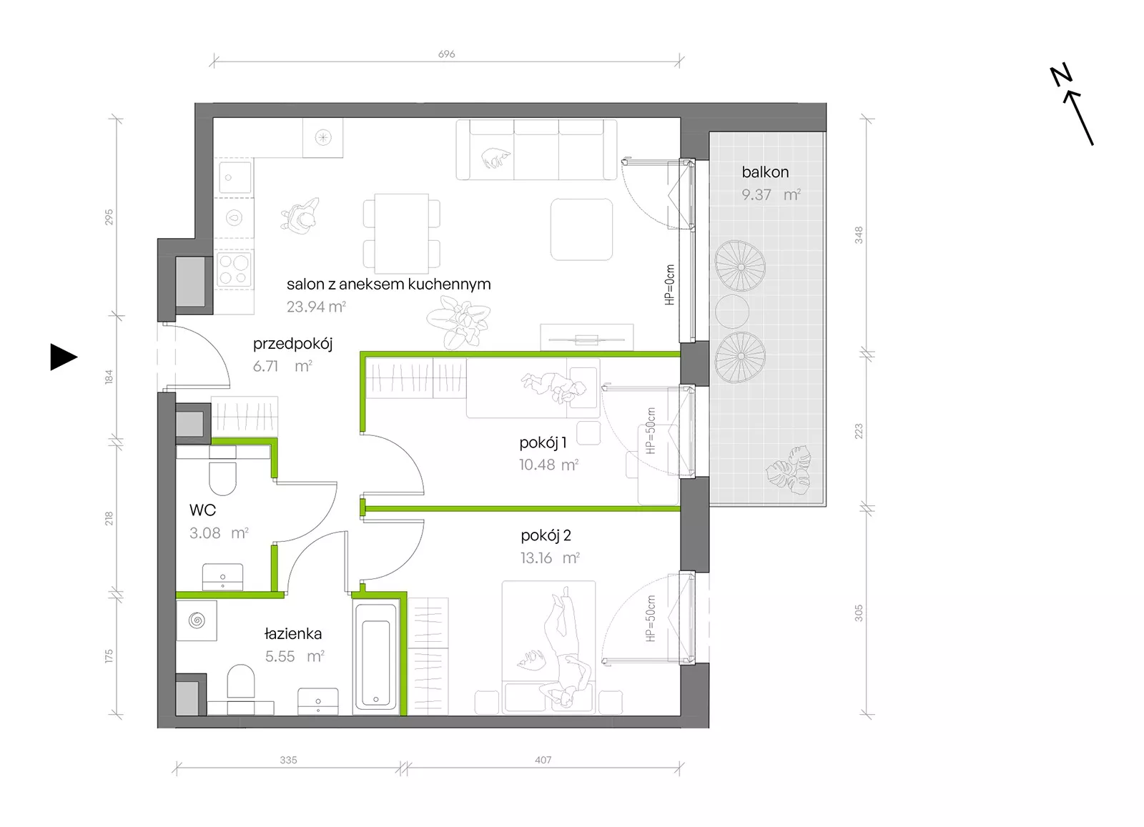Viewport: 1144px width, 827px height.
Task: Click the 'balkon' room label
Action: pos(765,172)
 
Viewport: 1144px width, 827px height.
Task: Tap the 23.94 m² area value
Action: pos(316,307)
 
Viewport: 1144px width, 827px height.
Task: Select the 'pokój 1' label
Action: pos(543,442)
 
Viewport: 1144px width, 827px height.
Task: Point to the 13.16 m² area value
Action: pos(550,558)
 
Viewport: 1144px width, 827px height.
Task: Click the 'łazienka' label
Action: pos(293,633)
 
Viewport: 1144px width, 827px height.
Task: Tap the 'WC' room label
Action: pos(203,510)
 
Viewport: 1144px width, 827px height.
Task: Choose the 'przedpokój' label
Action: pos(292,344)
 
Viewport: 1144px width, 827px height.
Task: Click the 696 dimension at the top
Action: pos(446,54)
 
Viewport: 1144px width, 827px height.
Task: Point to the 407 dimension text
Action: pos(543,760)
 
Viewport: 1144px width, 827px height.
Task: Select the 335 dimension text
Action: pos(288,760)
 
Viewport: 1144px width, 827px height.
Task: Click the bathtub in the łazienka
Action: pos(376,658)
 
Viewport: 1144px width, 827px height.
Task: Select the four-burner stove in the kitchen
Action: pos(234,269)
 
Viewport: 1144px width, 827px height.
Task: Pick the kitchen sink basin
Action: pos(235,178)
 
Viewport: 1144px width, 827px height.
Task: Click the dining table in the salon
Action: pos(401,234)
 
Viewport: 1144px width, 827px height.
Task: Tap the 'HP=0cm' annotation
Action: pos(669,285)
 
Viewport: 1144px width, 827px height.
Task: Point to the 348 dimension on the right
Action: pos(859,235)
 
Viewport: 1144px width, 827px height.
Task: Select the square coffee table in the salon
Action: pos(581,229)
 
